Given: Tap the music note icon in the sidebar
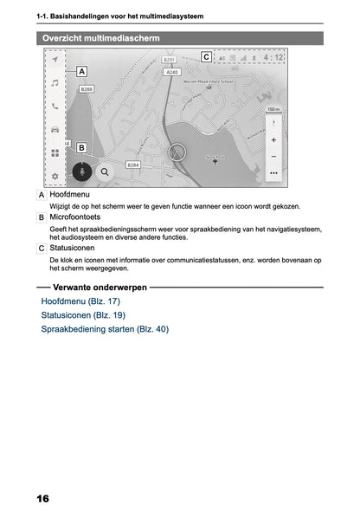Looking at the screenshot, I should click(55, 83).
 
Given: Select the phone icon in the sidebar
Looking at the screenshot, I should click(55, 107).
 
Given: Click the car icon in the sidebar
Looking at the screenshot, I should click(55, 129).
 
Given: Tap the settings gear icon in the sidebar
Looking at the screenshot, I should click(55, 176).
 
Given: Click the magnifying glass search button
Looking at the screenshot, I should click(105, 171).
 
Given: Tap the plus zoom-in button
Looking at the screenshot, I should click(273, 139).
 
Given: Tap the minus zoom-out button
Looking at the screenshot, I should click(273, 156).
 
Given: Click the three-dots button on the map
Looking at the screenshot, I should click(273, 173).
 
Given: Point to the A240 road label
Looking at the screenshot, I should click(171, 73).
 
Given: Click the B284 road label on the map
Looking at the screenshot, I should click(133, 165).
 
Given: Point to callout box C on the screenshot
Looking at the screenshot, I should click(205, 57).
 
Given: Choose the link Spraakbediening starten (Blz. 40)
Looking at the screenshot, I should click(105, 329).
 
